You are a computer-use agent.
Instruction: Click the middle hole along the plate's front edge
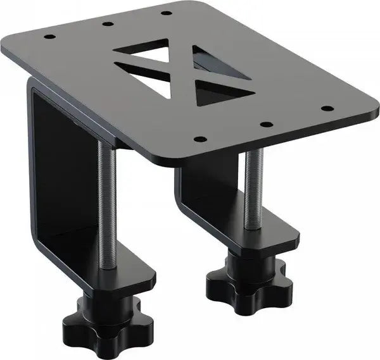pos(266,124)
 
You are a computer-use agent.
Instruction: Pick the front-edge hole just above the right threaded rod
pos(200,139)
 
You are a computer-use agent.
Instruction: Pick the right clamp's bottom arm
pos(266,237)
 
